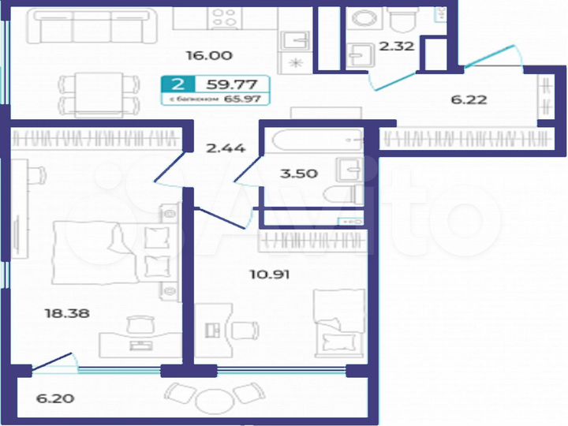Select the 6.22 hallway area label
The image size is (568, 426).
(x=469, y=99)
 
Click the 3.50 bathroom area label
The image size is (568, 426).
(x=299, y=174)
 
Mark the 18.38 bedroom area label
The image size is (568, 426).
(x=67, y=312)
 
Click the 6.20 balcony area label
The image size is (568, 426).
(x=55, y=398)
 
